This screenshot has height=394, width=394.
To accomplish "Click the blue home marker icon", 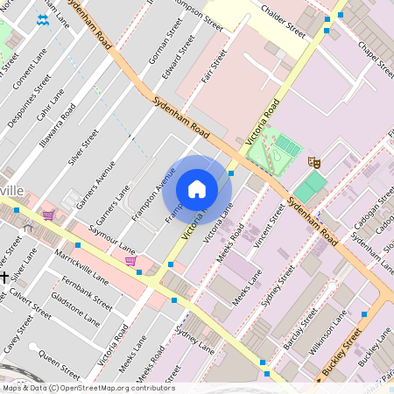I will [197, 188].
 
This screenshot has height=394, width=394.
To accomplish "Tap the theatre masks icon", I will [313, 161].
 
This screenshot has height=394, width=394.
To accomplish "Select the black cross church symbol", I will [4, 277].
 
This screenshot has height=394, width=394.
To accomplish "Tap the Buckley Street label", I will [341, 355].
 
